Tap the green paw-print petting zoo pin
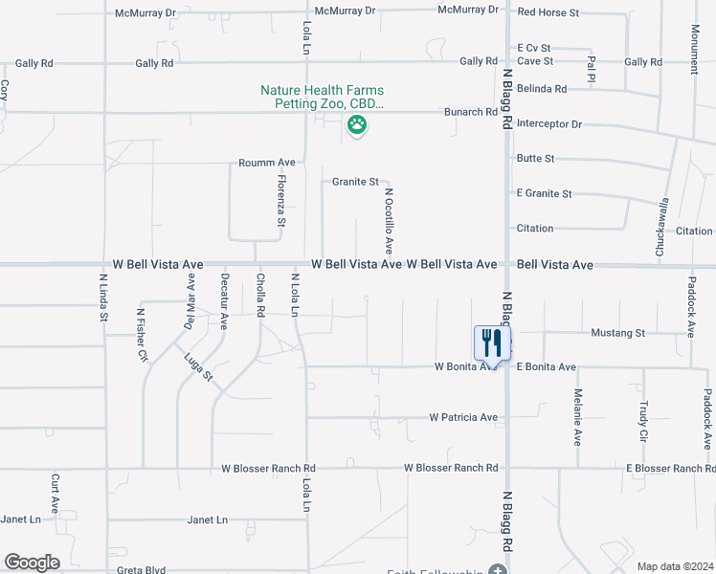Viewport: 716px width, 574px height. coord(357,124)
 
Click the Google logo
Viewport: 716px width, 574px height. coord(32,563)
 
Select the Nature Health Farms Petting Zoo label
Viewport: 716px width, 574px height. coord(323,97)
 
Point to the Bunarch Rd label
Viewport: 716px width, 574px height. coord(471,112)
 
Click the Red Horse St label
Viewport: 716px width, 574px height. coord(548,12)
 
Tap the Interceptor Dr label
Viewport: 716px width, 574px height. coord(549,124)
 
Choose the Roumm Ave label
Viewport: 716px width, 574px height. coord(267,163)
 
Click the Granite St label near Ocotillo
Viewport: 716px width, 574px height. coord(356,181)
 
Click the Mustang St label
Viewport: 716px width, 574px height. coord(617,333)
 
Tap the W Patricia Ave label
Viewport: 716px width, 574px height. coord(463,418)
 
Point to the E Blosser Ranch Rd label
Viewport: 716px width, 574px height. coord(670,468)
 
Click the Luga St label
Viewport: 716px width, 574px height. coord(199,367)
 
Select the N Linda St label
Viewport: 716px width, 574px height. coord(103,298)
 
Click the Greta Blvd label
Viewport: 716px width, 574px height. coord(141,570)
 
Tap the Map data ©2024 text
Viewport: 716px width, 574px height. coord(675,566)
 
